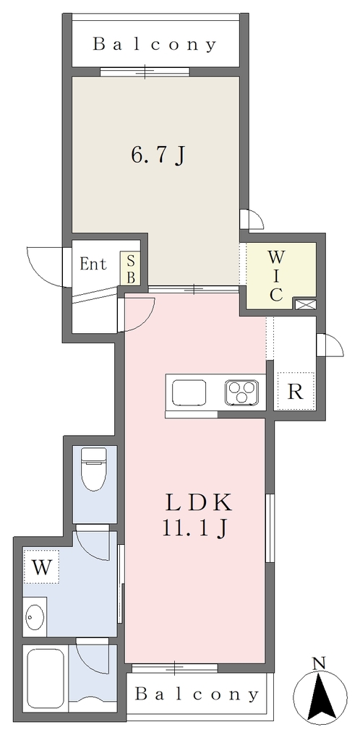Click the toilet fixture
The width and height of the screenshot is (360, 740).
94,469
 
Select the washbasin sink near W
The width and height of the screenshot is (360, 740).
35,615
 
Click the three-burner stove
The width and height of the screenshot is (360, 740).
241,392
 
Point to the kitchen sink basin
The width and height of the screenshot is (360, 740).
189,392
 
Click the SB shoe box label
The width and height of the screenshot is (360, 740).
131,268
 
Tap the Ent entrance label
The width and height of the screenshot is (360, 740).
93,264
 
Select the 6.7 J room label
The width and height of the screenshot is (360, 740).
157,155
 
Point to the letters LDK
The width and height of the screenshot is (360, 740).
199,504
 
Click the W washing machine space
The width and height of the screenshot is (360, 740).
41,567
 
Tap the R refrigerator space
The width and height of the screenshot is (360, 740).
295,391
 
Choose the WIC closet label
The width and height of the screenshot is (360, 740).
276,275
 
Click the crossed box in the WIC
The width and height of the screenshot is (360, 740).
305,304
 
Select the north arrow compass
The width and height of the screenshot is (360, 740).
320,697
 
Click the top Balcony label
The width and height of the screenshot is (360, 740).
155,44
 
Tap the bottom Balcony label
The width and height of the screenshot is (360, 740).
197,694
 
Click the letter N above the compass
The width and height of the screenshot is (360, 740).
320,664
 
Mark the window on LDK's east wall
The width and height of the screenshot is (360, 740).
270,528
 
